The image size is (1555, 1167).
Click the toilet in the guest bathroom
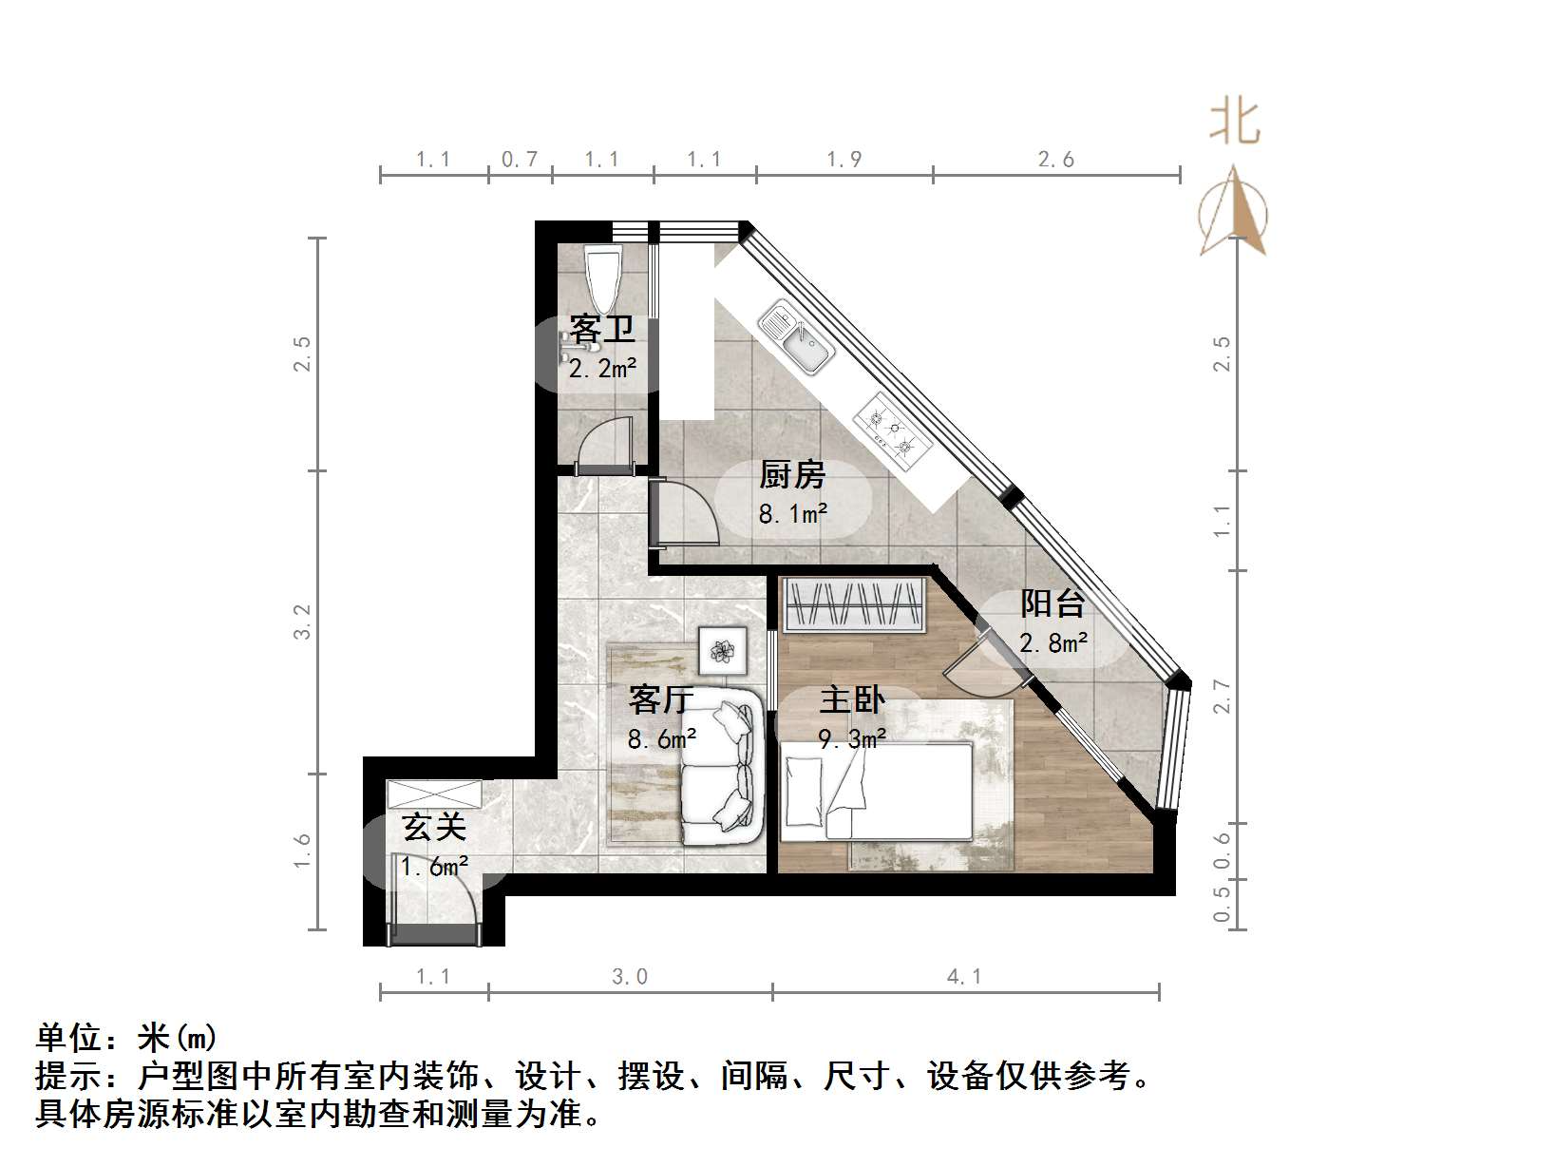602,275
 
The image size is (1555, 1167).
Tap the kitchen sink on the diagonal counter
796,337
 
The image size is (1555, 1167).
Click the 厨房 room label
792,474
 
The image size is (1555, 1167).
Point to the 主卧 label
852,700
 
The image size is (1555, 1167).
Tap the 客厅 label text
661,700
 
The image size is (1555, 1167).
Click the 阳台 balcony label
1052,603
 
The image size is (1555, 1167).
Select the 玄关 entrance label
434,827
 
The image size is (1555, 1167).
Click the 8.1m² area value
792,514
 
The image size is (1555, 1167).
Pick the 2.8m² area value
1053,643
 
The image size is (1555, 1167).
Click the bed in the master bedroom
876,792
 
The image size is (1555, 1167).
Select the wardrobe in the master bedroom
853,604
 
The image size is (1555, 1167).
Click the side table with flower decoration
723,651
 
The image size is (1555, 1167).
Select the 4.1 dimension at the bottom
964,976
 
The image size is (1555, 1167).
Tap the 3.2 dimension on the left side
301,622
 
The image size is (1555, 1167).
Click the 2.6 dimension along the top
1055,159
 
